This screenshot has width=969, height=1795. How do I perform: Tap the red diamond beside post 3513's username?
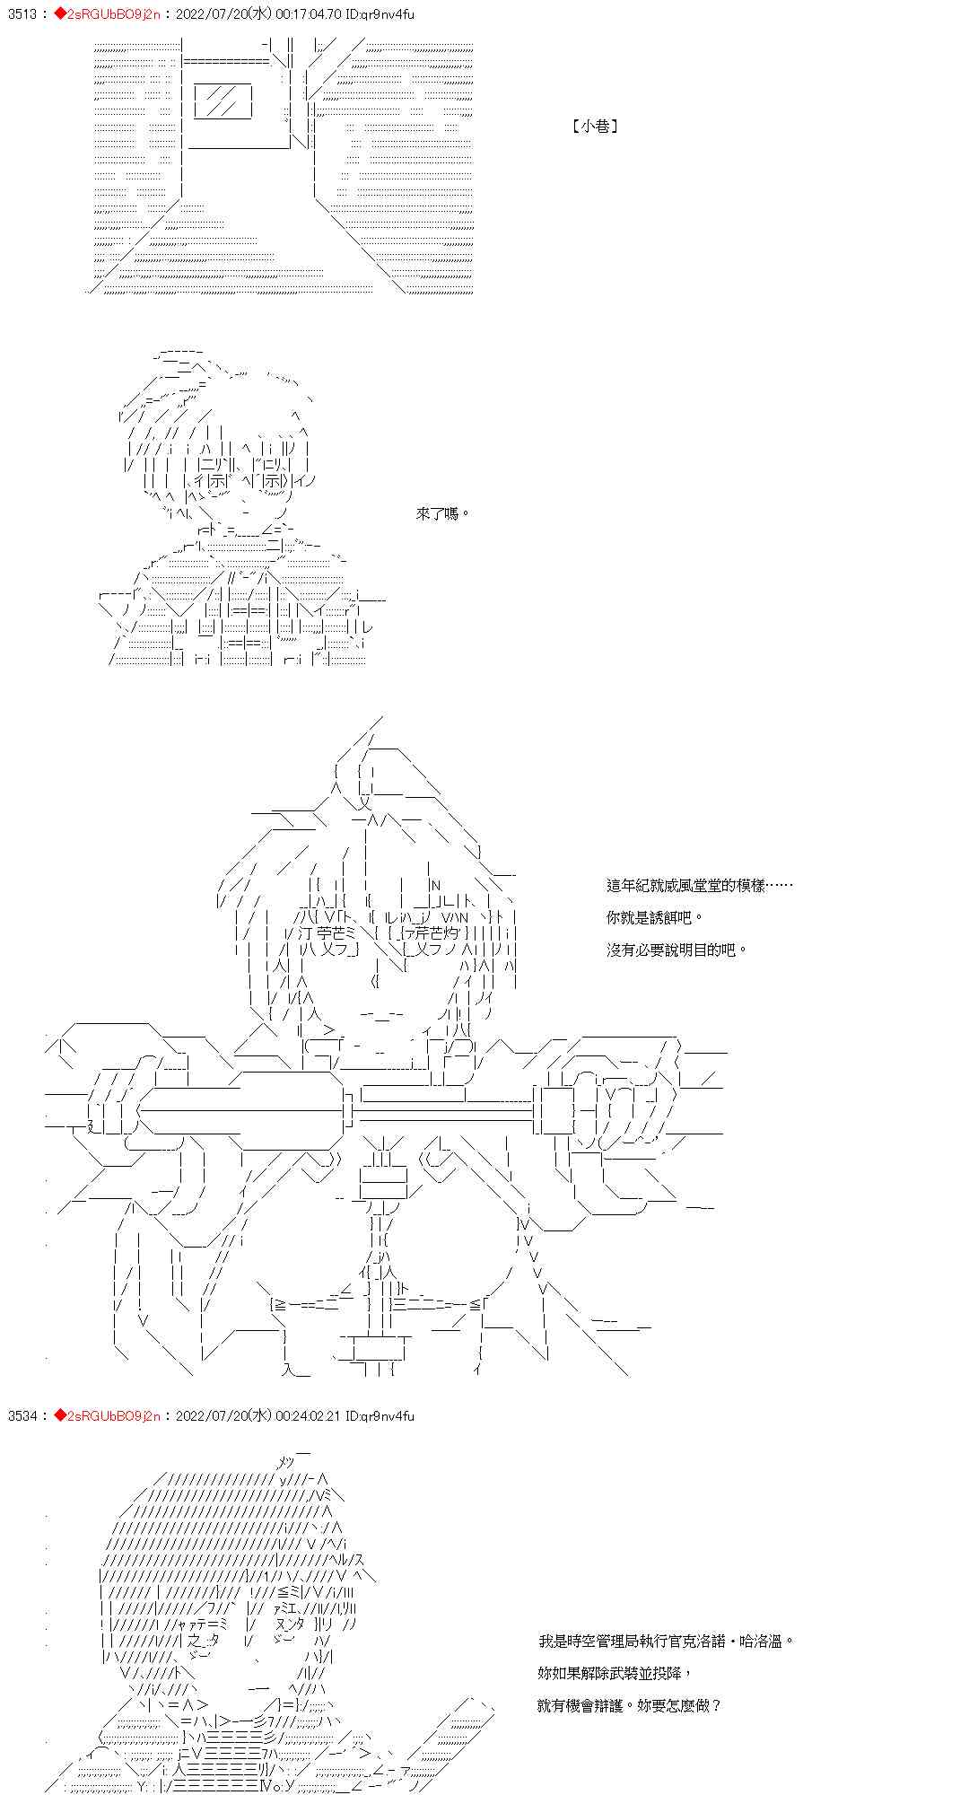tap(60, 14)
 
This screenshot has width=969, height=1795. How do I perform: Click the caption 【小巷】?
tap(595, 127)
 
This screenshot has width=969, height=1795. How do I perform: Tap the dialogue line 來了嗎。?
tap(443, 513)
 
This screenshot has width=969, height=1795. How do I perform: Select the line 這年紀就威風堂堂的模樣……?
tap(699, 885)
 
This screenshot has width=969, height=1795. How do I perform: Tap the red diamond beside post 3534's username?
tap(60, 1415)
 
